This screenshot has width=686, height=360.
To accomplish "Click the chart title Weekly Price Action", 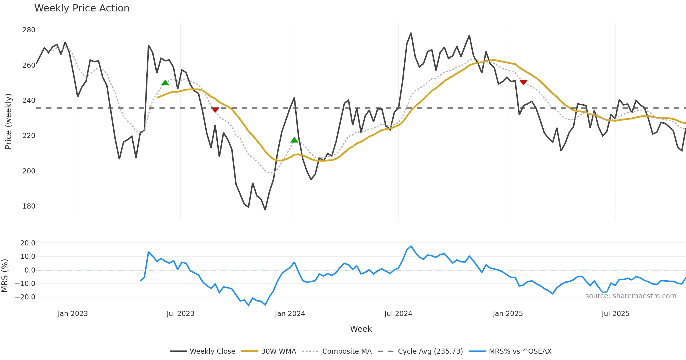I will tap(82, 8).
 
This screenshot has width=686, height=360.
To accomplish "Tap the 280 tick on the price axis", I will tap(29, 30).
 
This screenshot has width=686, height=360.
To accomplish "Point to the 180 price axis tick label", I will tap(29, 206).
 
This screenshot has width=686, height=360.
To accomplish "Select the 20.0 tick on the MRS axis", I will tap(28, 243).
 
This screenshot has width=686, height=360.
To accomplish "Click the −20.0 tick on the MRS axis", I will tap(25, 297).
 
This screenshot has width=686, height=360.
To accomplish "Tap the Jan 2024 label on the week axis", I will tap(290, 314).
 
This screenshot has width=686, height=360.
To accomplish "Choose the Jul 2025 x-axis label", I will tap(615, 314).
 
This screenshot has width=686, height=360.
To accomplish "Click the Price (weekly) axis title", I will tap(9, 121).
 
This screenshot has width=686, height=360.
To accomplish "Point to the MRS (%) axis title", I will tap(5, 276).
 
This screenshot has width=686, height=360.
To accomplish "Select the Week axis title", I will tap(361, 329).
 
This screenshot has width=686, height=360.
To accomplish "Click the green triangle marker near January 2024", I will tap(294, 140).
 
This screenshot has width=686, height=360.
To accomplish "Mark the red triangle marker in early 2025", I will tap(523, 82).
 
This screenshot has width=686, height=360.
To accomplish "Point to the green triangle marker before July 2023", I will tap(165, 83).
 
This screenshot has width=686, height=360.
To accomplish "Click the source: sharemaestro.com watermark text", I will tap(631, 296).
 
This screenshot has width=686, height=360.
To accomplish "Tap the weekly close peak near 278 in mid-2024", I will tap(411, 33).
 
